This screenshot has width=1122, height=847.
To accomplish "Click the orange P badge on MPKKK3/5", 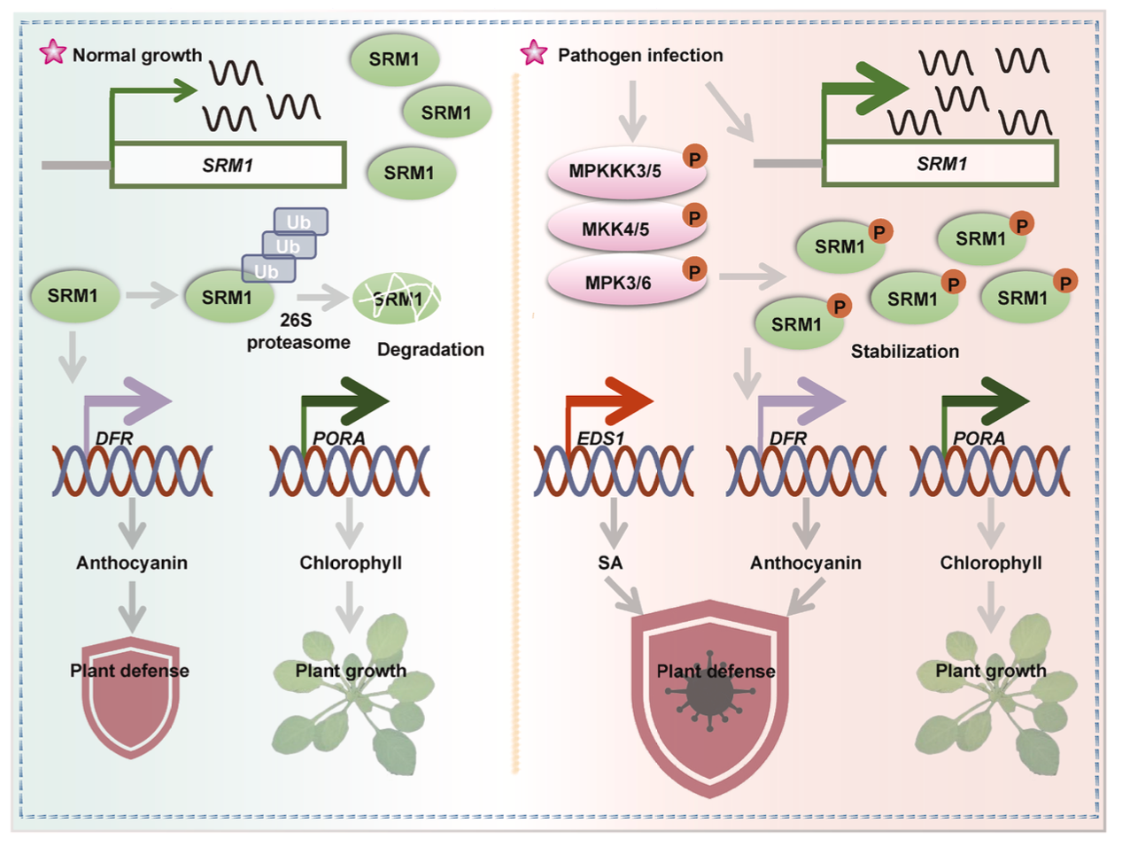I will coord(695,158).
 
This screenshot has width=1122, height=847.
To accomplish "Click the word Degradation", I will coord(430,349).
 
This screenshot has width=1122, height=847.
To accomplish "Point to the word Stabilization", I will coord(904,351).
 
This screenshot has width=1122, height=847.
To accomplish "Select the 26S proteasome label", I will coord(298,331).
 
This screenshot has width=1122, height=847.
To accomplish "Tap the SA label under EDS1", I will coord(610,563).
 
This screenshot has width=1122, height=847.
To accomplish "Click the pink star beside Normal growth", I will coord(53,52).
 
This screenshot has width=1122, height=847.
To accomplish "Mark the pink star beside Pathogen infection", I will coord(534,52).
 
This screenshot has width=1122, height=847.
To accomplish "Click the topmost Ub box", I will coord(300,221).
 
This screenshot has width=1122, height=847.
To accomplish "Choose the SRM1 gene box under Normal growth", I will coord(228,165).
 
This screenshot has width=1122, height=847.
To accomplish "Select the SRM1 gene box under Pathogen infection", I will coord(940,164).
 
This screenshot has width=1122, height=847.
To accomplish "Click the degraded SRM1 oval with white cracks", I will coord(397,299).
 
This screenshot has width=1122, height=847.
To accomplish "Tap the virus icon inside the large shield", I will coord(709,698).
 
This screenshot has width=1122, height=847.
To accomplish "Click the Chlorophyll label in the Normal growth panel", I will coord(351,563).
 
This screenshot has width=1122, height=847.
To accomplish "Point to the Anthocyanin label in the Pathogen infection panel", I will coord(805,563).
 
